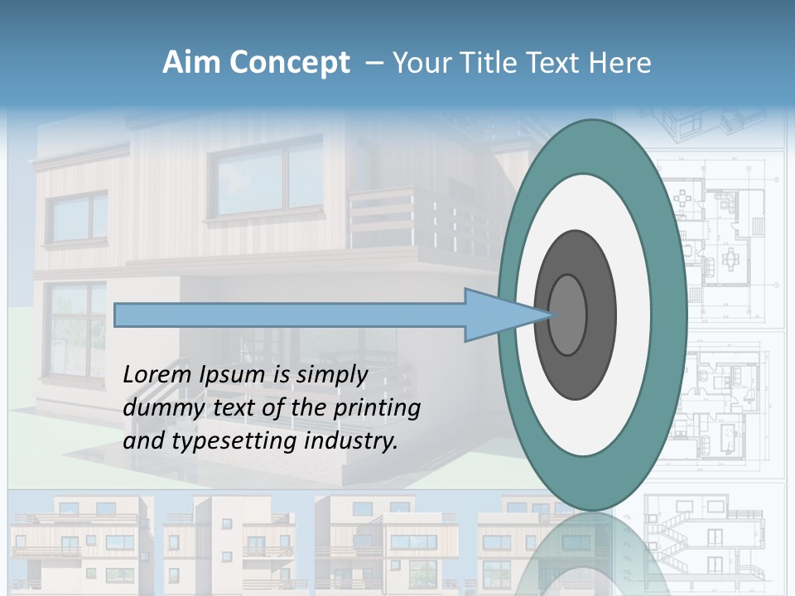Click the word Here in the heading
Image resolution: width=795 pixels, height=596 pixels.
pos(619,63)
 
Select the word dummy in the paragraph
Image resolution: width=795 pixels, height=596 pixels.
pos(156,408)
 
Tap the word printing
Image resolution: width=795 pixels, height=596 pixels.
pos(377,408)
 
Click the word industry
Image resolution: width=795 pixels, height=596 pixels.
pos(351,441)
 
